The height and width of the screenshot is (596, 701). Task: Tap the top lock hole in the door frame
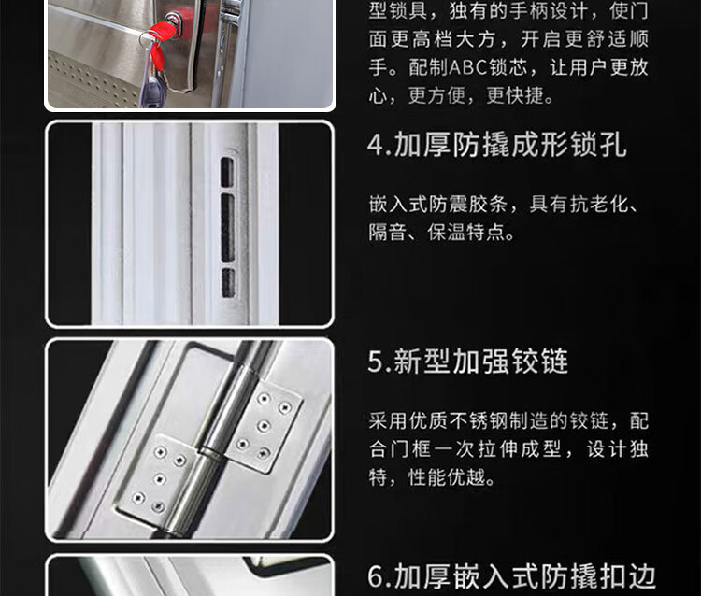[x=227, y=172]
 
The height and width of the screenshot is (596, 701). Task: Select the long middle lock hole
[x=227, y=227]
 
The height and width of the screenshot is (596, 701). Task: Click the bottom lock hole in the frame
[x=228, y=283]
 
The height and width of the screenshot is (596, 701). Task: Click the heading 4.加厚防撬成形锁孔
[x=496, y=145]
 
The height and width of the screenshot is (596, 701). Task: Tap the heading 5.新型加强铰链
[x=467, y=361]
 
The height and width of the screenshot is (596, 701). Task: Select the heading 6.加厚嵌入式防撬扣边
[x=511, y=576]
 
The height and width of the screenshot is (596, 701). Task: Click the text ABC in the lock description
[x=467, y=67]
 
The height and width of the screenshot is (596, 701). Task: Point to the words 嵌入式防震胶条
[x=437, y=205]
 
